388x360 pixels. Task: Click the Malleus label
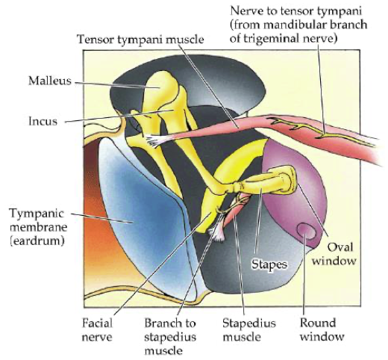point(50,81)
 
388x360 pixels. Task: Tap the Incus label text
point(43,121)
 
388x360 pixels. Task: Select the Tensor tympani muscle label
point(140,40)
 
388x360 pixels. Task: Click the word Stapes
point(269,264)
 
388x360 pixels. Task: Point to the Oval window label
point(334,254)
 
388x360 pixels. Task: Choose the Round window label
point(322,329)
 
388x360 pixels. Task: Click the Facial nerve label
point(97,330)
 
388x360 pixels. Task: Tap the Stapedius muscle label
point(249,330)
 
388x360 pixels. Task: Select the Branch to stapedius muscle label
point(170,337)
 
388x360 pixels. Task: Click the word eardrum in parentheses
point(37,241)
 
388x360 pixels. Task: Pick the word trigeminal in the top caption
point(272,39)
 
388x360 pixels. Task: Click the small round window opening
point(307,231)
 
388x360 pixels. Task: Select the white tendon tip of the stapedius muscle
point(217,232)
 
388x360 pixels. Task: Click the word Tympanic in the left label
point(37,214)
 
